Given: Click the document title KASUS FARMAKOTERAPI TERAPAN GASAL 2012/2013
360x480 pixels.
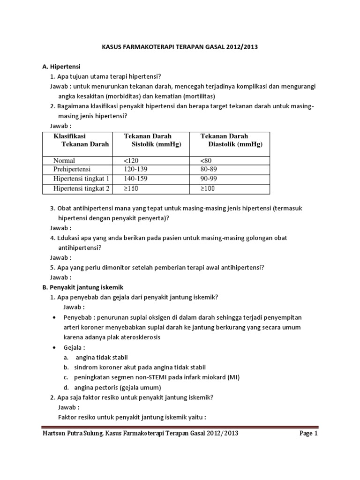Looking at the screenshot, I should [180, 47].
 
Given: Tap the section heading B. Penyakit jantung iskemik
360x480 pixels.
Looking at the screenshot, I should [83, 287].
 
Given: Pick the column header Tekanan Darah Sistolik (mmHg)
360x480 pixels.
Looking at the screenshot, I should [152, 140].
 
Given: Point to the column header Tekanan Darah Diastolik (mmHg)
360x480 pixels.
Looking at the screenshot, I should [232, 140].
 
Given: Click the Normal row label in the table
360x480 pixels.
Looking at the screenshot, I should [64, 160].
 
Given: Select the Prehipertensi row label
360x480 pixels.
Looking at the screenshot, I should [72, 169].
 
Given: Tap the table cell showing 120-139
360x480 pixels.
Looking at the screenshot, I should [135, 169].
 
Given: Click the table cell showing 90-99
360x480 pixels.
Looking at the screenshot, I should [209, 179].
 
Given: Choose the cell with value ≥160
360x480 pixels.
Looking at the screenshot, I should [131, 188].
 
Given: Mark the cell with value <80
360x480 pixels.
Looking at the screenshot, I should [206, 160].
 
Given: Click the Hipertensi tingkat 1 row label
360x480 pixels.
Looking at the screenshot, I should [82, 179].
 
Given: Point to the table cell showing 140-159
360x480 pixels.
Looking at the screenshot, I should [135, 179].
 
